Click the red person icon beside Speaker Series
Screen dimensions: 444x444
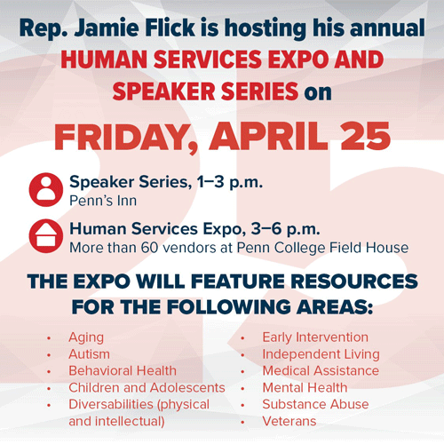click(46, 190)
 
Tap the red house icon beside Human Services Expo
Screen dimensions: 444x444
click(46, 236)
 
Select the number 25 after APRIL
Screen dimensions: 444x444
click(365, 137)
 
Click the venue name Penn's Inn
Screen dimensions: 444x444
click(103, 201)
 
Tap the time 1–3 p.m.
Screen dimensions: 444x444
click(230, 182)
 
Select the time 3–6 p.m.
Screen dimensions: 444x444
click(286, 229)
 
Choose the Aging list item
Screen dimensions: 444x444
click(86, 337)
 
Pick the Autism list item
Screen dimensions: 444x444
click(89, 354)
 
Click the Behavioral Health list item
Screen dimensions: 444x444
click(123, 370)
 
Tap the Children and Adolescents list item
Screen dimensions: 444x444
click(147, 387)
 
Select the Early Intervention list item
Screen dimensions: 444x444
click(315, 337)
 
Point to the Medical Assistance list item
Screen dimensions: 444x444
click(321, 370)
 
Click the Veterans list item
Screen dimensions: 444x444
click(289, 421)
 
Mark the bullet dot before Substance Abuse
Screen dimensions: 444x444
click(242, 405)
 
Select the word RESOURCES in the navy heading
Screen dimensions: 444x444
click(354, 281)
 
